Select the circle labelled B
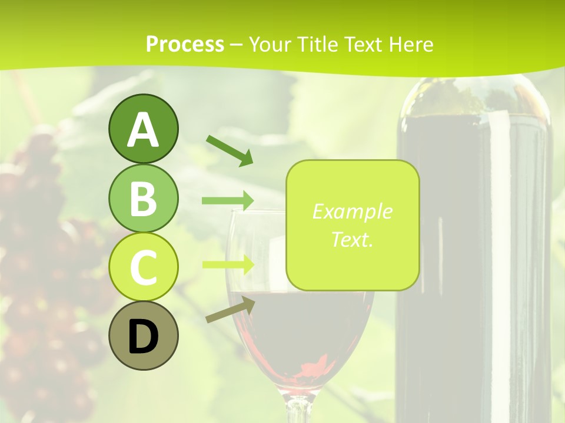coord(143,198)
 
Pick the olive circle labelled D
coord(143,335)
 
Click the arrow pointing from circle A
coord(230,150)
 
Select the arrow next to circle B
coord(228,200)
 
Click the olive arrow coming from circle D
coord(230,310)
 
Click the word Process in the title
coord(185,44)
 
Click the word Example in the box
coord(352,211)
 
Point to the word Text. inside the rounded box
coord(352,239)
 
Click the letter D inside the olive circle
coord(143,337)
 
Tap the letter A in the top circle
coord(143,130)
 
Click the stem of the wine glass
coord(299,408)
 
